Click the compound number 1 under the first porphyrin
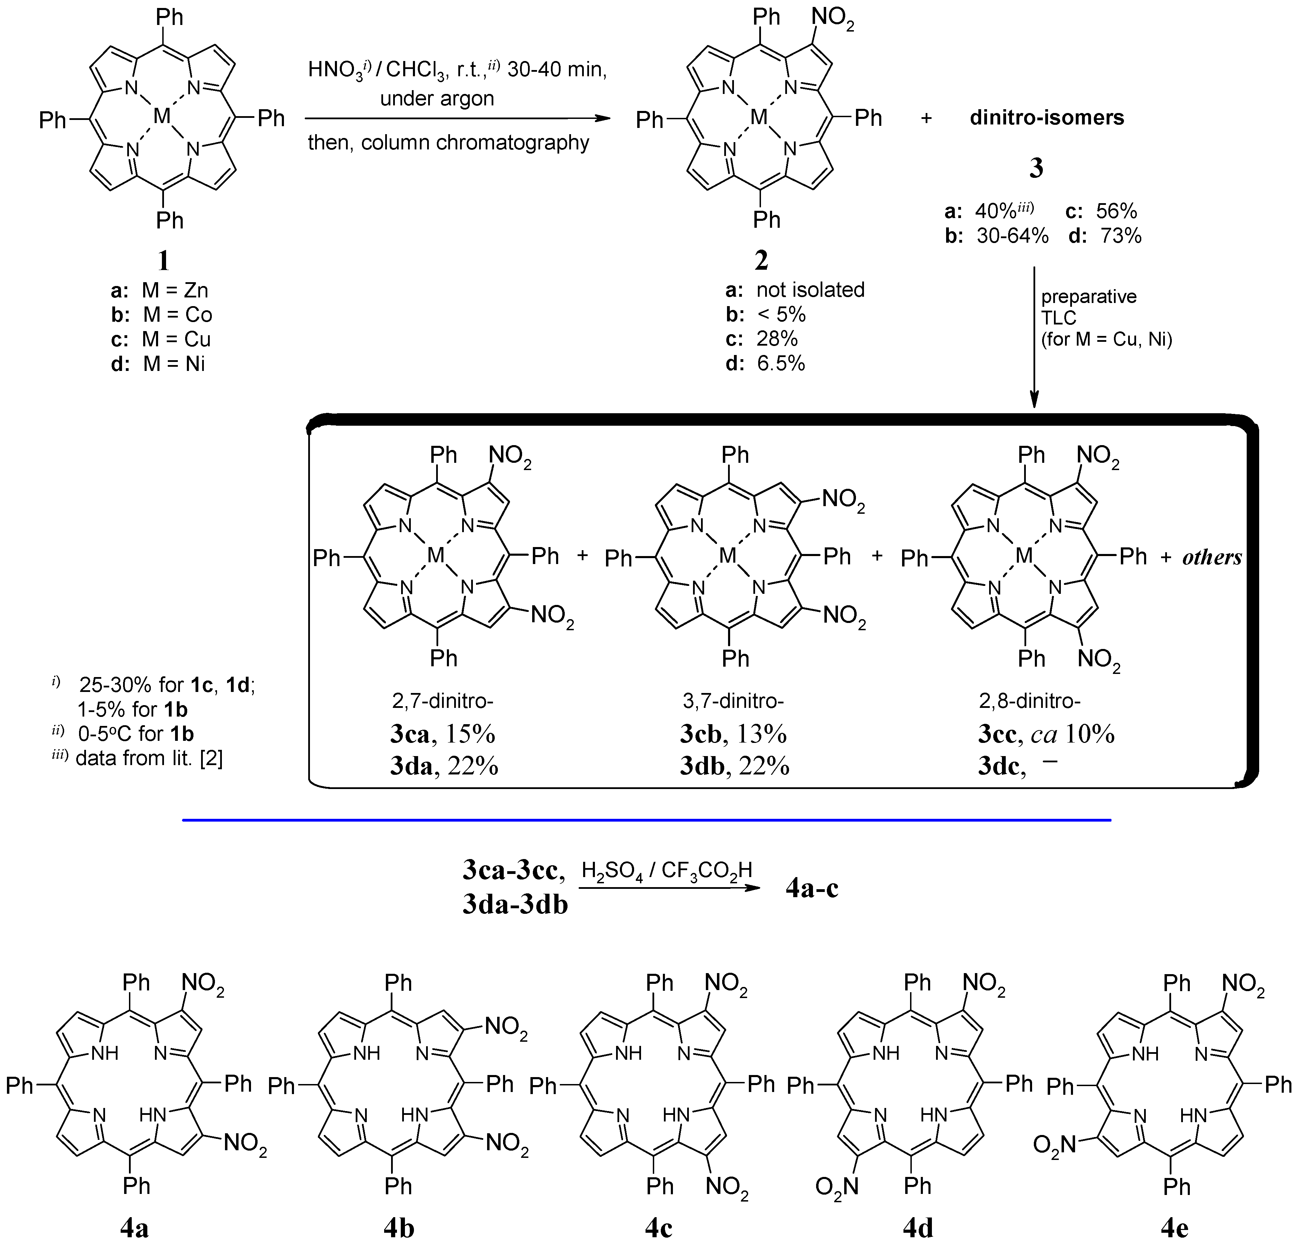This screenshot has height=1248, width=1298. (x=163, y=260)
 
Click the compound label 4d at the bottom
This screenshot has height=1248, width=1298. (x=918, y=1228)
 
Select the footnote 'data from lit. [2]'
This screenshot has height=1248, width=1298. (x=149, y=758)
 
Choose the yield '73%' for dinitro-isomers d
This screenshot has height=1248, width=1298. (x=1121, y=236)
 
